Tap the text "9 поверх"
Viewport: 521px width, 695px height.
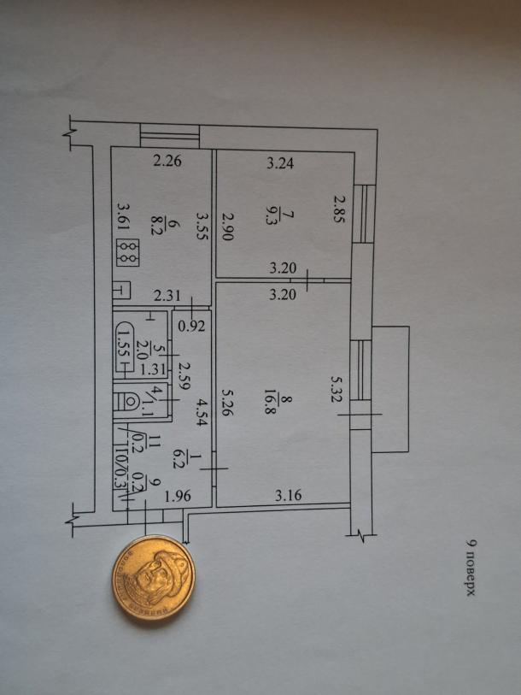471,567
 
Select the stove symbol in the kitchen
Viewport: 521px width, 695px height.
129,250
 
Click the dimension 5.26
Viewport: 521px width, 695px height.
226,404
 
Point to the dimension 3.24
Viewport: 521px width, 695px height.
280,164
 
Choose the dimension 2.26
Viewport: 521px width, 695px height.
167,159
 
